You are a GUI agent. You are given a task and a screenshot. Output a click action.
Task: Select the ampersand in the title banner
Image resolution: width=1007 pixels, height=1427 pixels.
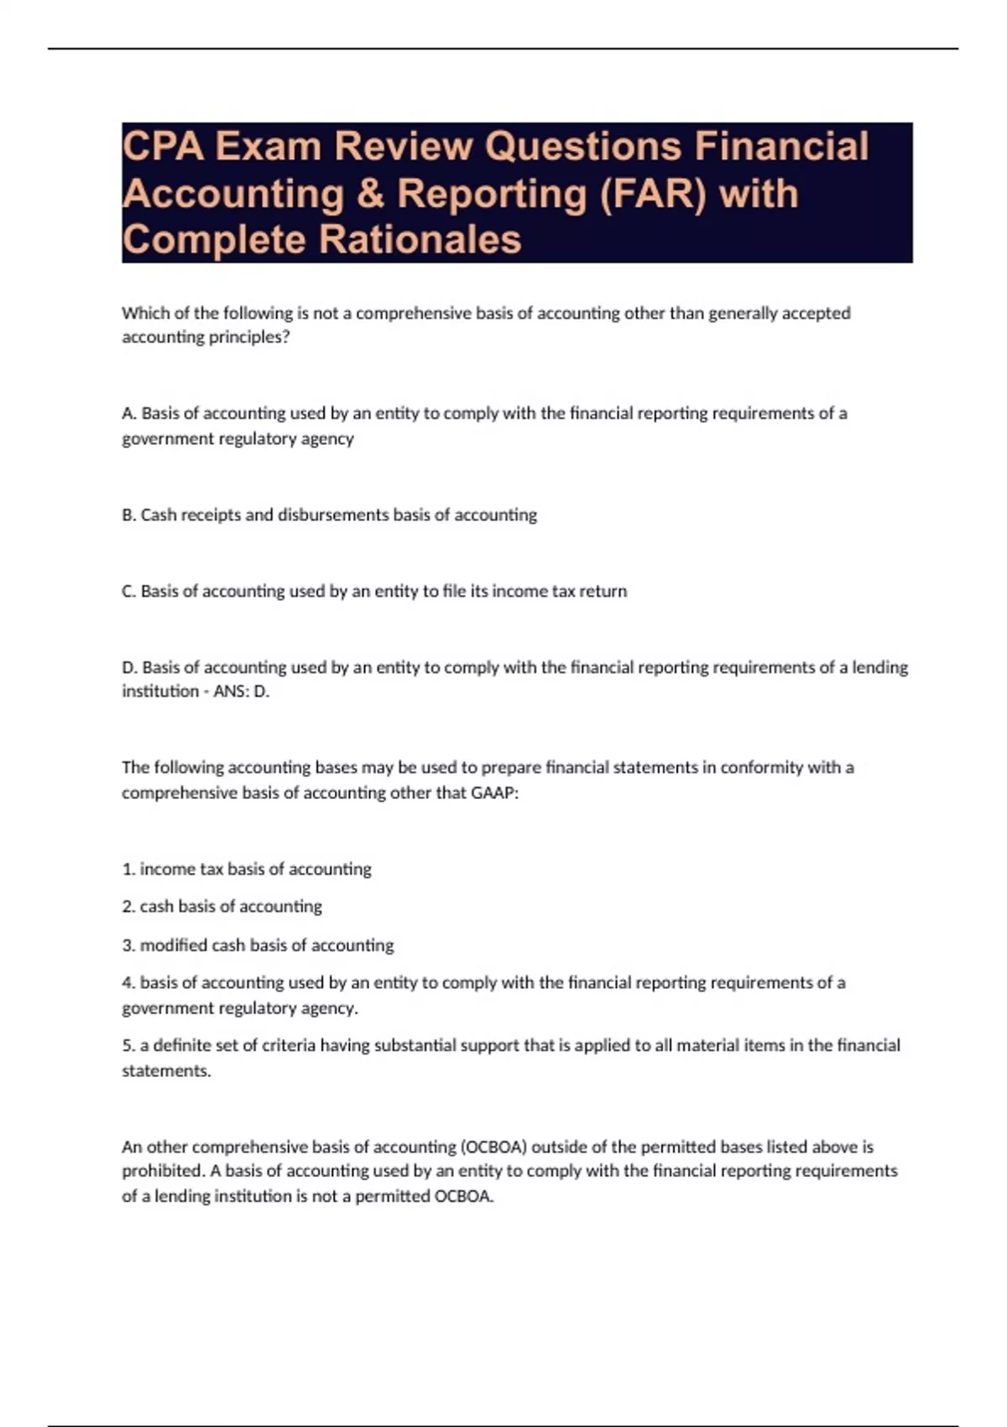[370, 194]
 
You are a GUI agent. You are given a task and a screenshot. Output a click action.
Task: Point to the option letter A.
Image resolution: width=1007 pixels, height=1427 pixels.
[128, 414]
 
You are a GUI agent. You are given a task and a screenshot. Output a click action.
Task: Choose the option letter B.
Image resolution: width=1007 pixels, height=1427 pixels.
[128, 515]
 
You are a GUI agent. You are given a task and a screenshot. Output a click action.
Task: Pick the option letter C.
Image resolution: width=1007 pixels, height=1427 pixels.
[128, 592]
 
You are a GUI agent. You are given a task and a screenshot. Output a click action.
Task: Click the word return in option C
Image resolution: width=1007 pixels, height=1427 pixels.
[603, 592]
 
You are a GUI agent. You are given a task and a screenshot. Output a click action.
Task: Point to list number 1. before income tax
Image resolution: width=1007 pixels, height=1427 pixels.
[128, 870]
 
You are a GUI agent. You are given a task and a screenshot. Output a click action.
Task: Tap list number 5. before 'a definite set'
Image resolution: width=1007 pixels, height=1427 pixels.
[128, 1046]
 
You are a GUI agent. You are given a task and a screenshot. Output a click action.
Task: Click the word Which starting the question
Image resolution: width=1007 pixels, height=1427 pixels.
[145, 314]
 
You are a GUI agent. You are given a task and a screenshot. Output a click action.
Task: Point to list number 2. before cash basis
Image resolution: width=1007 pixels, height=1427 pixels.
[128, 907]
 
